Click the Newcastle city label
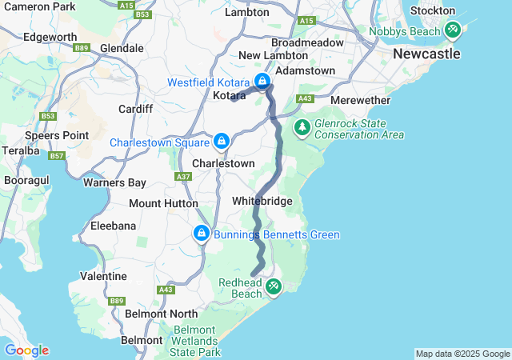click(x=426, y=54)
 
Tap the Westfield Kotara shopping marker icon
click(x=262, y=81)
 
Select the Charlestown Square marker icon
click(x=222, y=142)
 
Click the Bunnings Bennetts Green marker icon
click(x=201, y=234)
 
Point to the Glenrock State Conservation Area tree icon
click(x=302, y=126)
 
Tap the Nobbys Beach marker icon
click(x=452, y=30)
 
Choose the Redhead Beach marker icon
click(x=274, y=286)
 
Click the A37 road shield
click(x=183, y=176)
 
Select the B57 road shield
click(x=56, y=155)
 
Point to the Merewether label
click(x=360, y=101)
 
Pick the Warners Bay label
click(x=115, y=182)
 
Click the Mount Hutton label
click(x=163, y=203)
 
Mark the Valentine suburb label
click(x=103, y=276)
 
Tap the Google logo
click(x=26, y=350)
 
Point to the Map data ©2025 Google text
click(x=462, y=354)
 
